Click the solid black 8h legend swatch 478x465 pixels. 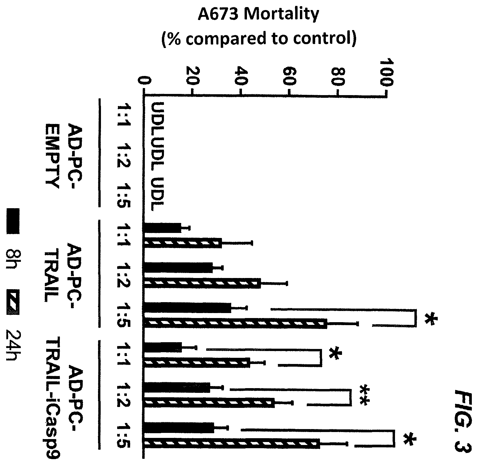tap(13, 221)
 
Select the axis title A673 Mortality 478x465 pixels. tap(259, 15)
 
